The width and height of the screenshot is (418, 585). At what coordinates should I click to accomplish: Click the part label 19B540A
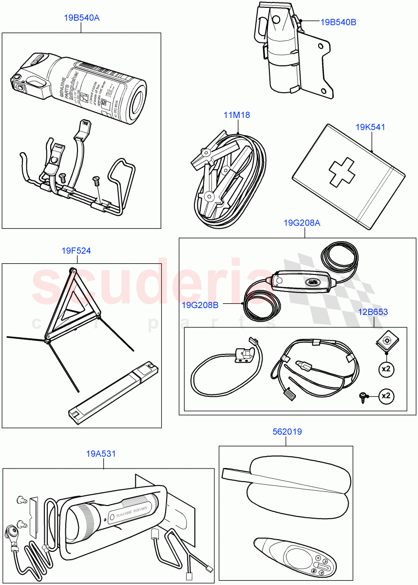tap(81, 18)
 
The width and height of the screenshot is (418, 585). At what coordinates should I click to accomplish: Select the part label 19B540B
tap(338, 22)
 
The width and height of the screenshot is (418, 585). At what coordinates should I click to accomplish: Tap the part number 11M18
tap(237, 115)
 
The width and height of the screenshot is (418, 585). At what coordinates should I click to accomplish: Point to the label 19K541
tap(370, 127)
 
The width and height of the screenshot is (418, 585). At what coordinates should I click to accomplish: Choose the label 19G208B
tap(200, 305)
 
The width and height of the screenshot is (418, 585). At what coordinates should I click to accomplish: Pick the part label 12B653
tap(374, 312)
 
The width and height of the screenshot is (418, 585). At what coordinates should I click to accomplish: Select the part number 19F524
tap(76, 251)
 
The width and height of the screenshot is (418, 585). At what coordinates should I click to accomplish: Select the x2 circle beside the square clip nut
tap(386, 369)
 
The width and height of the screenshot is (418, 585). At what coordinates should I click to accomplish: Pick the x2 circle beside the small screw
tap(386, 395)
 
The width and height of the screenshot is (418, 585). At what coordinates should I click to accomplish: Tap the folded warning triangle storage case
tap(113, 390)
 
